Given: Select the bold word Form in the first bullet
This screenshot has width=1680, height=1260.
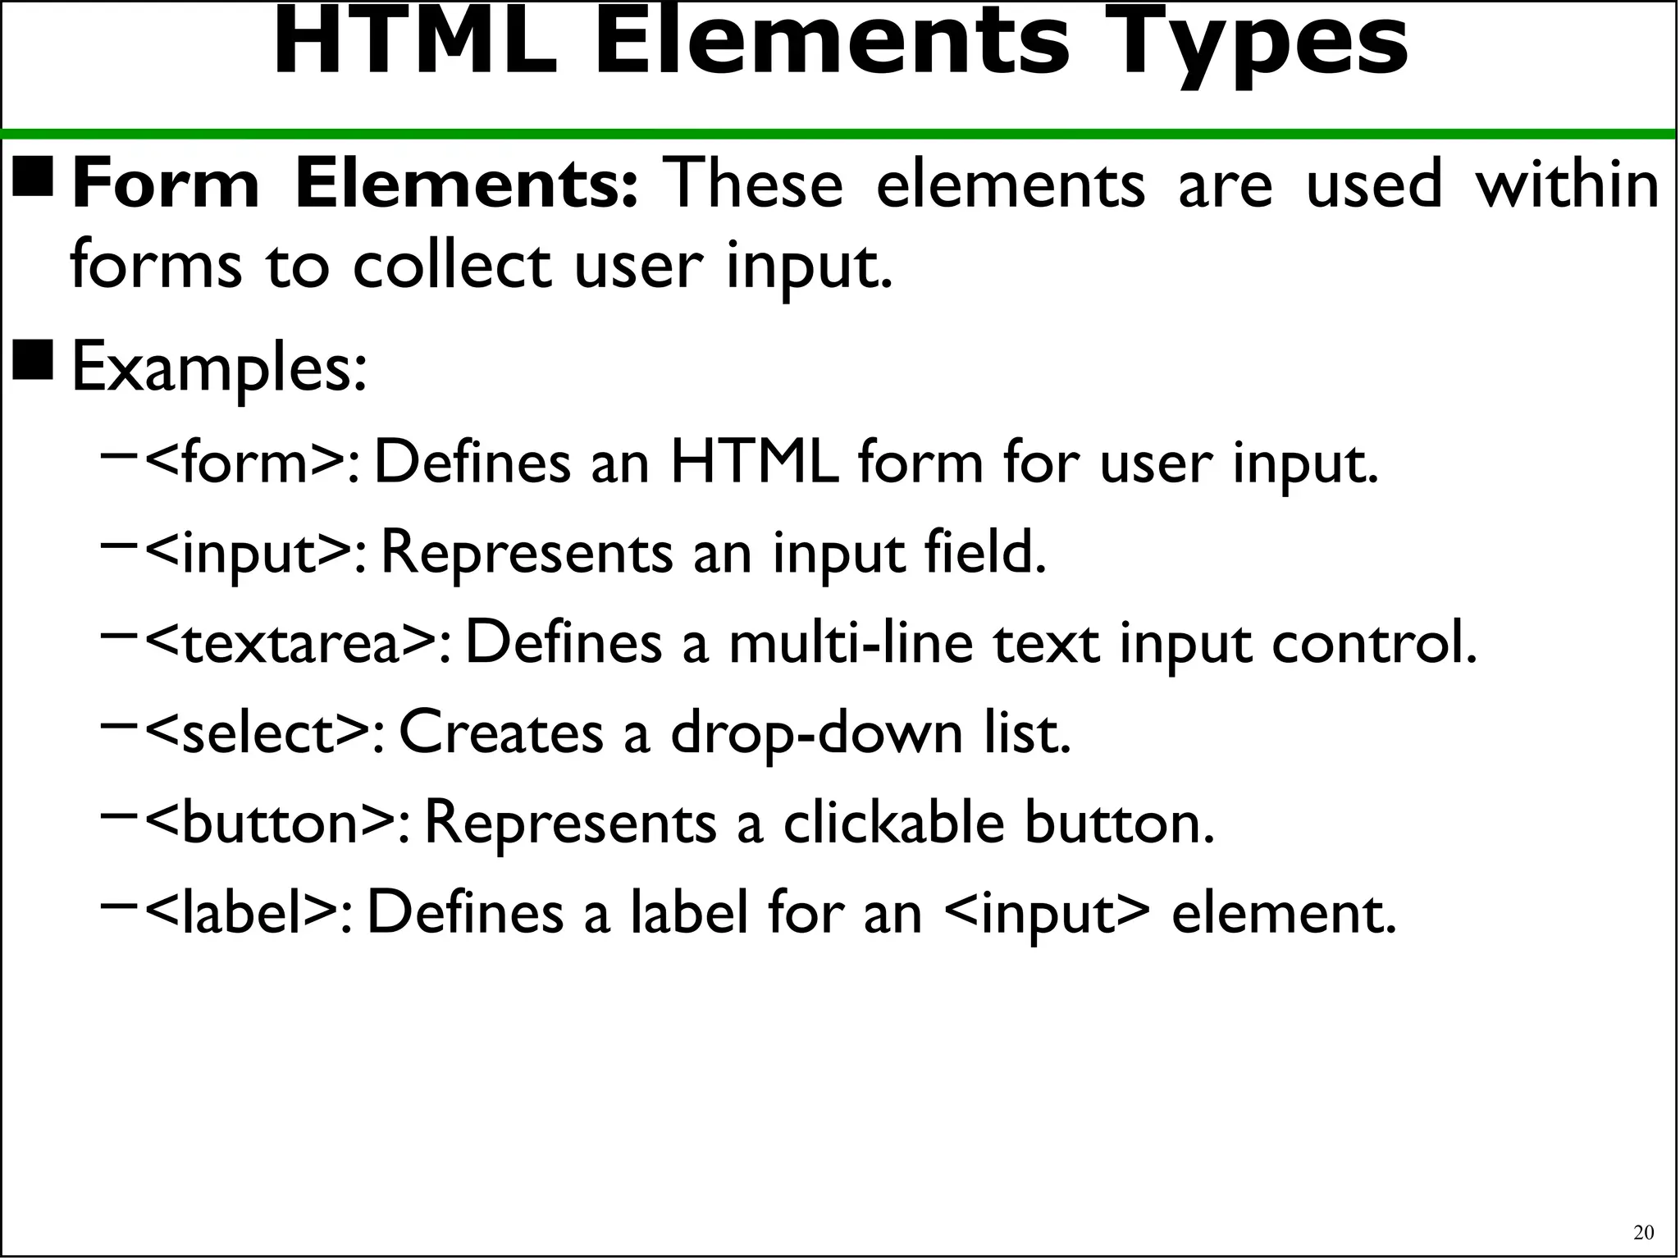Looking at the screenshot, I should (167, 185).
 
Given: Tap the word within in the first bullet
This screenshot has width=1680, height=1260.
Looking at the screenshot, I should (1568, 185).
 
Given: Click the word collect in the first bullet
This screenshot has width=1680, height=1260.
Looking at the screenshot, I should (452, 266).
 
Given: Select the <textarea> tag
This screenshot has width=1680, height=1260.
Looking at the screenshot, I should (297, 643).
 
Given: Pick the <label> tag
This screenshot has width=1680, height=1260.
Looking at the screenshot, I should (249, 913).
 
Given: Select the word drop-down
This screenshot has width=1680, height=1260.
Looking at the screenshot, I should (817, 733).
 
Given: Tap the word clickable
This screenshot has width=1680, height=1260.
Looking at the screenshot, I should (893, 823).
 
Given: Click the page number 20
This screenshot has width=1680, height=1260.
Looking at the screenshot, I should (1643, 1232).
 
